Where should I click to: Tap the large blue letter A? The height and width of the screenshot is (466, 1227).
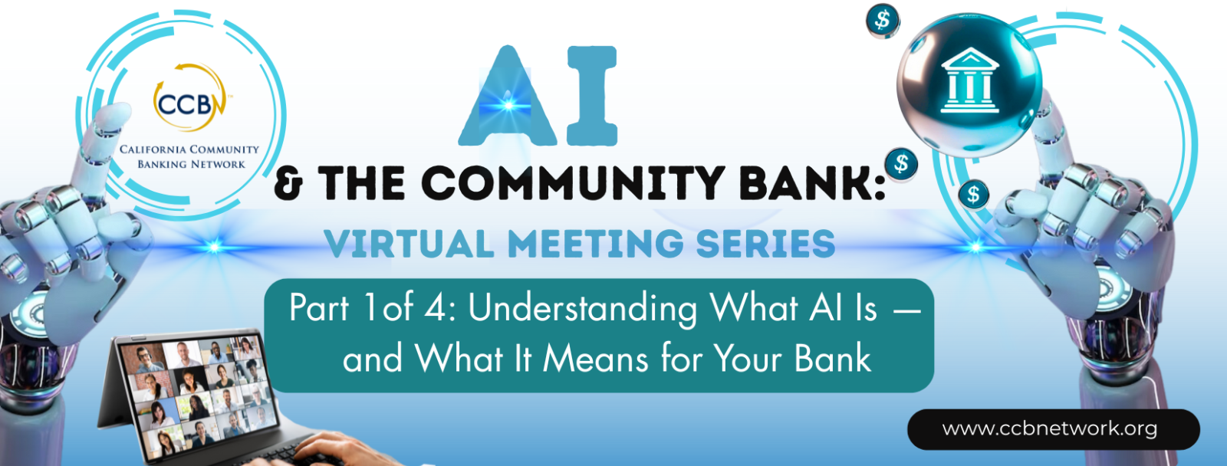tap(508, 97)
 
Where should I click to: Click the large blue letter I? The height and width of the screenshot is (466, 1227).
tap(592, 96)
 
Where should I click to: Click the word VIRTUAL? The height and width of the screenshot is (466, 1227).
tap(410, 244)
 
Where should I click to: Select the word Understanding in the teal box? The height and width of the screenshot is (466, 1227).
tap(583, 310)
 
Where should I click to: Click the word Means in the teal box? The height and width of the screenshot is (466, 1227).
tap(595, 359)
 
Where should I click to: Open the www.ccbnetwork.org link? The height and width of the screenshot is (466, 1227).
tap(1050, 428)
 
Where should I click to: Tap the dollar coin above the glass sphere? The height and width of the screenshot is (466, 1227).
tap(883, 20)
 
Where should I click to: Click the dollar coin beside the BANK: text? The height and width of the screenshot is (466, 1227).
tap(901, 164)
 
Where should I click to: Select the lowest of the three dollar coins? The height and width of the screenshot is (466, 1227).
tap(973, 195)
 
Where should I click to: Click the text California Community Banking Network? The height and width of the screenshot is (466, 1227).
tap(189, 156)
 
